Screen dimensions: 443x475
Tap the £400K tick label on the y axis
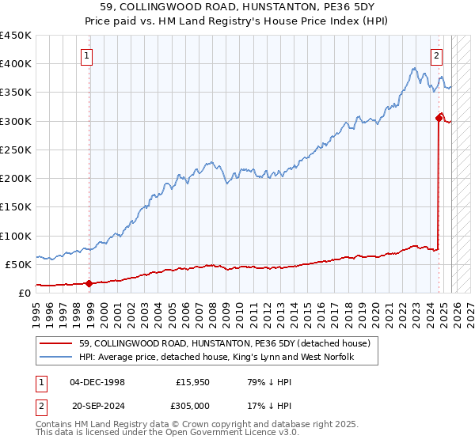coord(16,64)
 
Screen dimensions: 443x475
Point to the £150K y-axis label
coord(16,207)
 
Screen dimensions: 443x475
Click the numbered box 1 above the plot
coord(86,55)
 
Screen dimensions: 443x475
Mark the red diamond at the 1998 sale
coord(89,283)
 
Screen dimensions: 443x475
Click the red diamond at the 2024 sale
coord(439,118)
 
